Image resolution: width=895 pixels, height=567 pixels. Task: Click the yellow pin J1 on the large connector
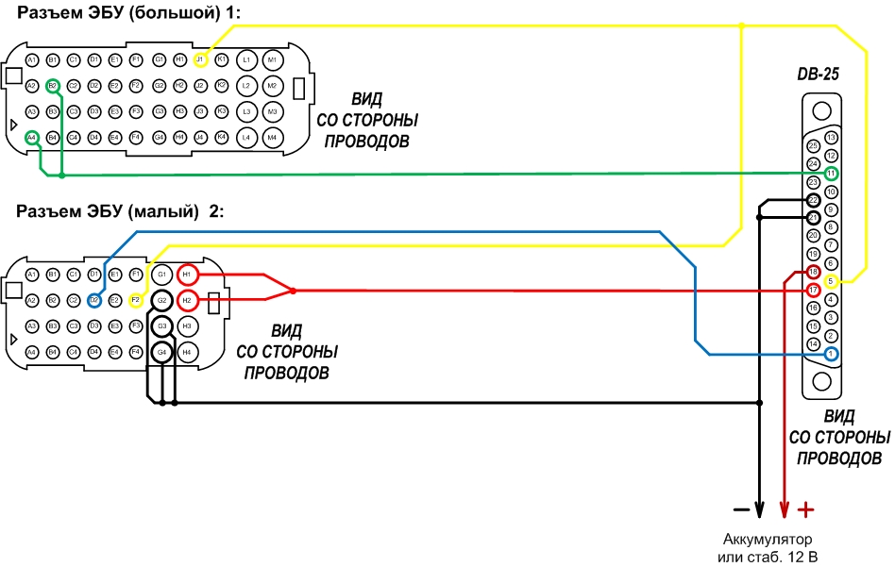[x=200, y=59]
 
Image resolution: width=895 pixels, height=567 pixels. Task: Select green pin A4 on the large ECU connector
[x=32, y=138]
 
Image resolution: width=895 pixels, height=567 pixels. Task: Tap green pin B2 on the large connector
[x=53, y=85]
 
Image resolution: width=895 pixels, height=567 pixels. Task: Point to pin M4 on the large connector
[x=272, y=138]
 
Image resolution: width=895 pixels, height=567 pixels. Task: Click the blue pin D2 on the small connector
[x=94, y=300]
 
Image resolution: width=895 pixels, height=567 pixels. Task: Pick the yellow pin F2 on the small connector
[x=136, y=300]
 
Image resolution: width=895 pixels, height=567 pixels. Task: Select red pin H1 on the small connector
[x=187, y=275]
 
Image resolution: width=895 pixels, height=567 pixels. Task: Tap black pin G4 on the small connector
[x=162, y=352]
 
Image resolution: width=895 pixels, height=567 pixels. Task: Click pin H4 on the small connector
[x=187, y=352]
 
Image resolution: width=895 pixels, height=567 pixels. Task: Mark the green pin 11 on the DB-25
[x=831, y=174]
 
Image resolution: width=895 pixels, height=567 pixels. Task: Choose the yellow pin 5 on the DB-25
[x=831, y=281]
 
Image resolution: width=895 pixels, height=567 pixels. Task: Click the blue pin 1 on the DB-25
[x=831, y=354]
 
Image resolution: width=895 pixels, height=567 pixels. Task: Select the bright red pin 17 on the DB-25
[x=813, y=290]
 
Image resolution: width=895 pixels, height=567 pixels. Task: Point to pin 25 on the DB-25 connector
[x=813, y=146]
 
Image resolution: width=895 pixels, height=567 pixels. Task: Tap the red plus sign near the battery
[x=805, y=510]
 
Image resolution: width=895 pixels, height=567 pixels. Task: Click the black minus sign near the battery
[x=741, y=510]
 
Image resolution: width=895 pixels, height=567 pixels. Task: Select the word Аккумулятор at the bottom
[x=766, y=541]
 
